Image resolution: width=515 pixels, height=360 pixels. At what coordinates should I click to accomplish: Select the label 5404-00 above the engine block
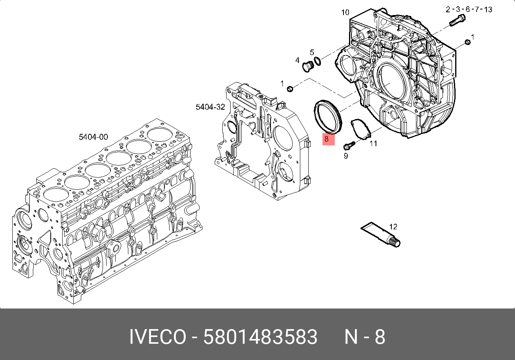pos(93,137)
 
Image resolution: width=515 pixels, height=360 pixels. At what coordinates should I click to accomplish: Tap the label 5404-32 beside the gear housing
pos(210,107)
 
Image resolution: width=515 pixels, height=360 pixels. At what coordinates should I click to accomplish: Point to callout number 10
pos(345,12)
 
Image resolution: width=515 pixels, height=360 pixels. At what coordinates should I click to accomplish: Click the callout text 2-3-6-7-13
pos(469,10)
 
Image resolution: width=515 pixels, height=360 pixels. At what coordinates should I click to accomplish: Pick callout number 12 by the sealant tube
pos(393,227)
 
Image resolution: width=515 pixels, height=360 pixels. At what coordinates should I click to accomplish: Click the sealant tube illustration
pos(381,235)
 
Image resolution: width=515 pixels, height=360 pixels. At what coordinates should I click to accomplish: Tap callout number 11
pos(373,144)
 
